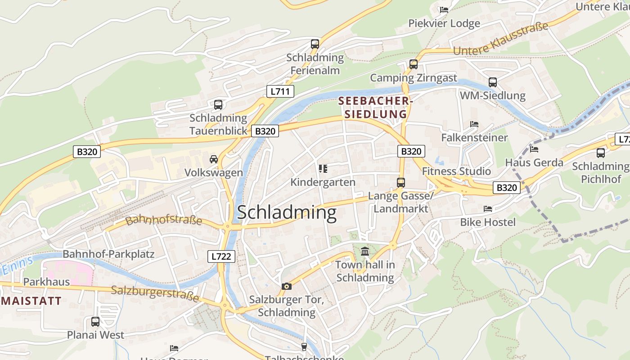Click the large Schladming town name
(287, 212)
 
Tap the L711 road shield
(280, 91)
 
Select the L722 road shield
(221, 256)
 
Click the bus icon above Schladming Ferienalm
(315, 44)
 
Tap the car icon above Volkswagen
(214, 159)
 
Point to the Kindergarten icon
(323, 169)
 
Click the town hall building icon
(365, 251)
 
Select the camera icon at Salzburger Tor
(286, 286)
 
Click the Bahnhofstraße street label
(163, 220)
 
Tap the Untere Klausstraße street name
(501, 39)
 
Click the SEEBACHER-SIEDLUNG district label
(375, 108)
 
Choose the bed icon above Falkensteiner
(474, 124)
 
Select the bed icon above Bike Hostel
(487, 209)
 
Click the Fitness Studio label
(456, 171)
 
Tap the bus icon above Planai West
(95, 322)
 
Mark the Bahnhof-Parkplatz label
(108, 254)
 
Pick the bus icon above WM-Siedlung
(493, 82)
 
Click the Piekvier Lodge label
(444, 23)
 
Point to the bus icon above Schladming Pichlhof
(601, 153)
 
